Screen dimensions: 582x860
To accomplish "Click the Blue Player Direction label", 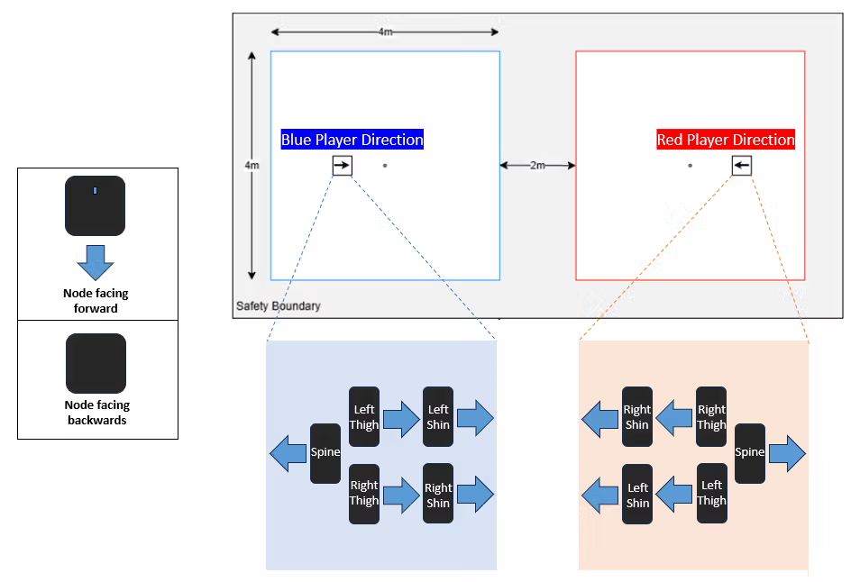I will pyautogui.click(x=352, y=140).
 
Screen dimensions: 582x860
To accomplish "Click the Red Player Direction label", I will pyautogui.click(x=726, y=140).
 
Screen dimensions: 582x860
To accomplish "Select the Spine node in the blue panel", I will pyautogui.click(x=325, y=453).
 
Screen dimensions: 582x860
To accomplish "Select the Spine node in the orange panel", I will pyautogui.click(x=750, y=453).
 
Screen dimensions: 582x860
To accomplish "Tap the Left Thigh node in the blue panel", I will pyautogui.click(x=364, y=417).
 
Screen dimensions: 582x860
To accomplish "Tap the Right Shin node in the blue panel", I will pyautogui.click(x=438, y=495).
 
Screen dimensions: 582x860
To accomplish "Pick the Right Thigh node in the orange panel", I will pyautogui.click(x=711, y=417).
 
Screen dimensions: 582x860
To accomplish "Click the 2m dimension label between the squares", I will pyautogui.click(x=538, y=165).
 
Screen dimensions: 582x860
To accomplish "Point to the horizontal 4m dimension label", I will pyautogui.click(x=385, y=32).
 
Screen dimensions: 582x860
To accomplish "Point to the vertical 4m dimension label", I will pyautogui.click(x=252, y=166).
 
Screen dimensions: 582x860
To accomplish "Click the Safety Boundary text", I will pyautogui.click(x=278, y=306).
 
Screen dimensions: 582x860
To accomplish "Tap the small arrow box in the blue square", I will pyautogui.click(x=342, y=166).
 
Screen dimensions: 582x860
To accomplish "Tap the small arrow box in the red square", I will pyautogui.click(x=741, y=166).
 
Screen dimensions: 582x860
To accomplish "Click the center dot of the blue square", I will pyautogui.click(x=385, y=166).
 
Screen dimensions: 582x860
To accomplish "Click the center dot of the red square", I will pyautogui.click(x=690, y=166).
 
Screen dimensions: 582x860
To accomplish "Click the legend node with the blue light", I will pyautogui.click(x=95, y=206).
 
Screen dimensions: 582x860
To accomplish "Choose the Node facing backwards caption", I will pyautogui.click(x=95, y=413).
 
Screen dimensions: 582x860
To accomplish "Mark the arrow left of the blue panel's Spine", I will pyautogui.click(x=288, y=453).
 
